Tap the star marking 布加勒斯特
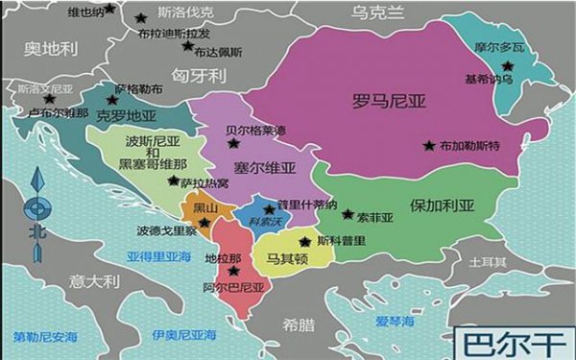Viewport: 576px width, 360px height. point(428,146)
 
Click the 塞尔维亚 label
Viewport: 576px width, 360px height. point(261,168)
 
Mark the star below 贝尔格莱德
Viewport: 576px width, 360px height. point(232,143)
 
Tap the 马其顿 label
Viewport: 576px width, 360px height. point(286,258)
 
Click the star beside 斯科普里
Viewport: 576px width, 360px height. point(305,242)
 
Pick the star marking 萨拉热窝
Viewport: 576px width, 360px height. point(173,180)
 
